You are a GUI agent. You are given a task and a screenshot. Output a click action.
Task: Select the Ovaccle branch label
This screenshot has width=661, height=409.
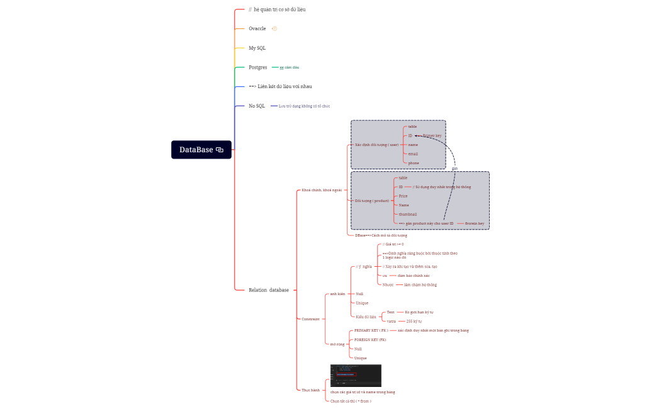tap(257, 28)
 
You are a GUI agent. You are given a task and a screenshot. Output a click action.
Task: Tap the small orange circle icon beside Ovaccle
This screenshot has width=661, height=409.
tap(274, 29)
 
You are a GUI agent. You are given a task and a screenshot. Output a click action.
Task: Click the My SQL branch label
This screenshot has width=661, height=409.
tap(257, 48)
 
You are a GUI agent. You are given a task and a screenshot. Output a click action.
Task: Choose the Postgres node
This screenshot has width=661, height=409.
tap(258, 67)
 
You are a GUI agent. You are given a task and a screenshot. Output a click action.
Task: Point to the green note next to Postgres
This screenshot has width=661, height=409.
tap(289, 67)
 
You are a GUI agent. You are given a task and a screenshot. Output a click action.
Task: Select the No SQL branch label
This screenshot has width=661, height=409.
tap(257, 106)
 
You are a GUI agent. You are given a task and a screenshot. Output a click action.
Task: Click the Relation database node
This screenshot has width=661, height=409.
tap(269, 290)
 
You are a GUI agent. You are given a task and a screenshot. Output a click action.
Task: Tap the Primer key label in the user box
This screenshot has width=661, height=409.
tap(432, 136)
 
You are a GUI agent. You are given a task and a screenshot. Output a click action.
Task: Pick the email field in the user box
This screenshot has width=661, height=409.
tap(413, 154)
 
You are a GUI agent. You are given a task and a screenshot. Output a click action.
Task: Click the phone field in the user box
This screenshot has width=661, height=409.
tap(413, 163)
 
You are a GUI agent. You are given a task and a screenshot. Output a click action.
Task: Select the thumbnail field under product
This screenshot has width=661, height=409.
tap(408, 214)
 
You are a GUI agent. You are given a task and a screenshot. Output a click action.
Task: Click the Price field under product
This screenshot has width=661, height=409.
tap(403, 196)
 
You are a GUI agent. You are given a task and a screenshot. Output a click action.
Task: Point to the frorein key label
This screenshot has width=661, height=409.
tap(475, 223)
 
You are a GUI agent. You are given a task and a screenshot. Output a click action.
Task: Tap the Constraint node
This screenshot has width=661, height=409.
tap(310, 319)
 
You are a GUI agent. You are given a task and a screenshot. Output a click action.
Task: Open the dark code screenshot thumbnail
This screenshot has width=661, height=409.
tap(356, 376)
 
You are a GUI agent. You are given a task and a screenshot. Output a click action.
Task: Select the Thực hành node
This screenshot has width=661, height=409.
tap(310, 390)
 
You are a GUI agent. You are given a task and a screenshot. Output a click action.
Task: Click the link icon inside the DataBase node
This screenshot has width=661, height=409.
tap(220, 150)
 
